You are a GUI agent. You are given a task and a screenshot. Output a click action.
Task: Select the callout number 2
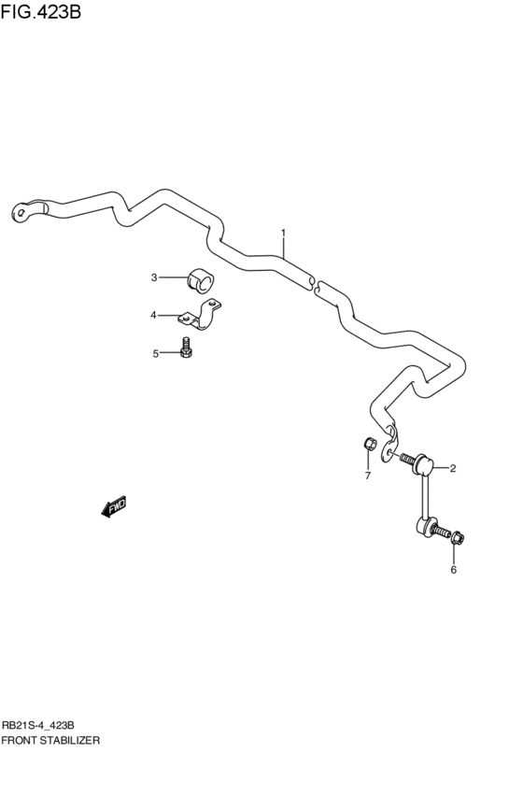pos(452,468)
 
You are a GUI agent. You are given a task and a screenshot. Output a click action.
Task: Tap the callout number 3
pos(155,277)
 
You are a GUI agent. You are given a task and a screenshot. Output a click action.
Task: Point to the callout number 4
pos(153,315)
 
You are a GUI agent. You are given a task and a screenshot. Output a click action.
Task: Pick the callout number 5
pos(156,352)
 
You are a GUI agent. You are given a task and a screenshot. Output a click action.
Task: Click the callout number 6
pos(454,569)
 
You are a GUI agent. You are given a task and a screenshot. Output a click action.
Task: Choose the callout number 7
pos(367,476)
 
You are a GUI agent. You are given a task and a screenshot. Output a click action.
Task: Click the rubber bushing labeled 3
pos(201,278)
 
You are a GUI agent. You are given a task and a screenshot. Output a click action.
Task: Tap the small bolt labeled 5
pos(187,349)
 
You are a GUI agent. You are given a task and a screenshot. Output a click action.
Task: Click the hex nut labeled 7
pos(369,444)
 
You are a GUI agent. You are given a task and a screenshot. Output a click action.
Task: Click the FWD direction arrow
pos(114,507)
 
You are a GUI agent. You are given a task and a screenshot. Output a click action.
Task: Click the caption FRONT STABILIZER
pos(50,739)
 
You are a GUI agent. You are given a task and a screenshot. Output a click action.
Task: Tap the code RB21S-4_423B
pos(44,724)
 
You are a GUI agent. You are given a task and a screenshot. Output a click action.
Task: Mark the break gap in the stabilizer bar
pos(315,283)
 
